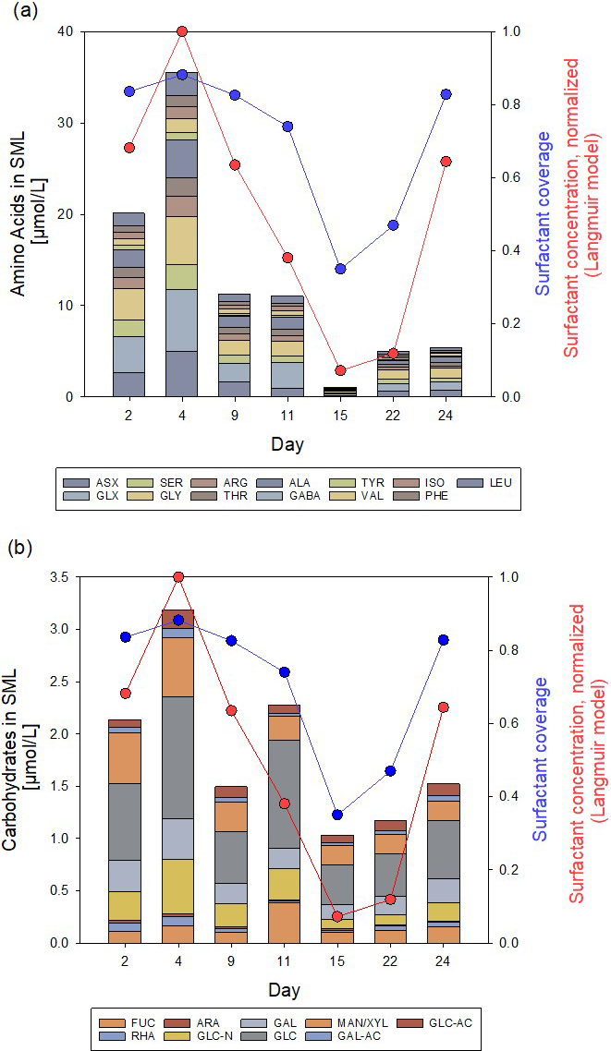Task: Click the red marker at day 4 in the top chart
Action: (181, 31)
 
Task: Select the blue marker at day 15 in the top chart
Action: (340, 269)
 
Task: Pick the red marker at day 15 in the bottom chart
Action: (337, 916)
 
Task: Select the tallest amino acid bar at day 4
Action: (181, 235)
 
